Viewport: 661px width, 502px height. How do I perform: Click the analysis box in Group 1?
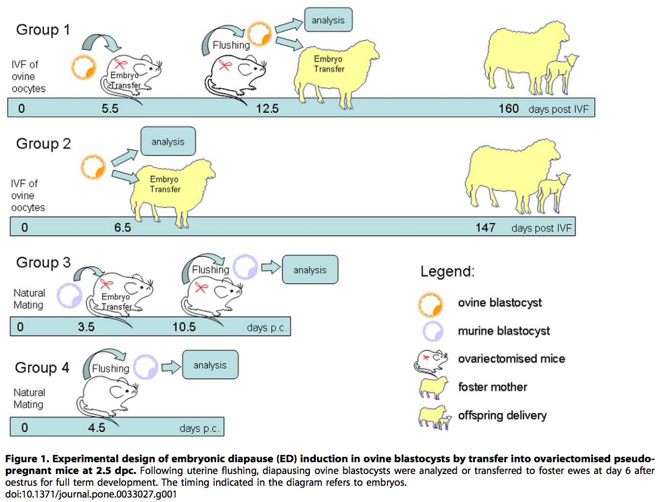pyautogui.click(x=328, y=20)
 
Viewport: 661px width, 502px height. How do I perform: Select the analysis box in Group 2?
pyautogui.click(x=168, y=141)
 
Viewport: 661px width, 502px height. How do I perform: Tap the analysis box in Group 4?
pyautogui.click(x=210, y=364)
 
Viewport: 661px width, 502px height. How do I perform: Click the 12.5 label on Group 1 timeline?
pyautogui.click(x=268, y=109)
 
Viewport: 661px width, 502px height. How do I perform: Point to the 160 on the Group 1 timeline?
pyautogui.click(x=509, y=109)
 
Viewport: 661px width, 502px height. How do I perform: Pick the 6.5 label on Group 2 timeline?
pyautogui.click(x=123, y=227)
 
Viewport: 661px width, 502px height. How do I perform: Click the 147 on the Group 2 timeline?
pyautogui.click(x=485, y=227)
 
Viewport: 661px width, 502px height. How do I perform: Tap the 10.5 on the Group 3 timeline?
pyautogui.click(x=184, y=327)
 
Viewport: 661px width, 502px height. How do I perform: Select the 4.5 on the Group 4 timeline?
pyautogui.click(x=97, y=428)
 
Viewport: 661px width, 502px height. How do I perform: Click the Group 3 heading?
pyautogui.click(x=43, y=263)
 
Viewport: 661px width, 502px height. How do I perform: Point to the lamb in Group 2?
pyautogui.click(x=553, y=193)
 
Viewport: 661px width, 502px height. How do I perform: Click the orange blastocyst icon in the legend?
pyautogui.click(x=430, y=305)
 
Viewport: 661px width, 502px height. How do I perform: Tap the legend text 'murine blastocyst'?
pyautogui.click(x=504, y=331)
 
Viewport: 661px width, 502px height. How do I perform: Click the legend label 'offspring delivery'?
pyautogui.click(x=502, y=415)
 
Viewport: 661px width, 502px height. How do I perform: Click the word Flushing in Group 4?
pyautogui.click(x=110, y=368)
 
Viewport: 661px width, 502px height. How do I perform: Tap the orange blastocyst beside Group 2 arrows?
pyautogui.click(x=93, y=167)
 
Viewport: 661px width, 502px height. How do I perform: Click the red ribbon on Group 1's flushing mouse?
pyautogui.click(x=225, y=65)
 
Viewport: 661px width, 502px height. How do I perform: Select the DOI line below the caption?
pyautogui.click(x=91, y=494)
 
